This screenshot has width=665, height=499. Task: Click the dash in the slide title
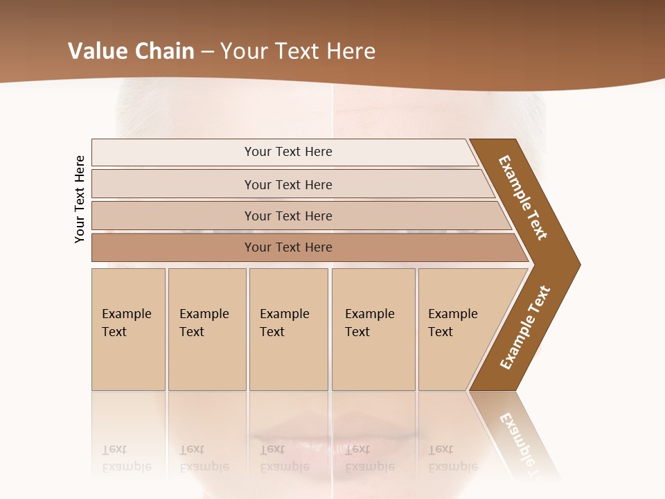[x=206, y=52]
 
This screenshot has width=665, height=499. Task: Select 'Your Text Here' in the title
[x=298, y=51]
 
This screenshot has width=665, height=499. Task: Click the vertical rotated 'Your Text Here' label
[x=80, y=199]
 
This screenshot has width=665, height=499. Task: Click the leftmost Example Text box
[x=128, y=329]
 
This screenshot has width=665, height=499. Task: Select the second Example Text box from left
[x=207, y=329]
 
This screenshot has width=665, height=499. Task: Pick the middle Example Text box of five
[x=288, y=329]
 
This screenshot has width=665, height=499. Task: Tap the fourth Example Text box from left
[x=373, y=329]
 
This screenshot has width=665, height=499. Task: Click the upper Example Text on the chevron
[x=523, y=198]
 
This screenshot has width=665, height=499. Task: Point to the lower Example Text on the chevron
[x=525, y=328]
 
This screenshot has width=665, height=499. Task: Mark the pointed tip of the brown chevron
[x=578, y=264]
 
